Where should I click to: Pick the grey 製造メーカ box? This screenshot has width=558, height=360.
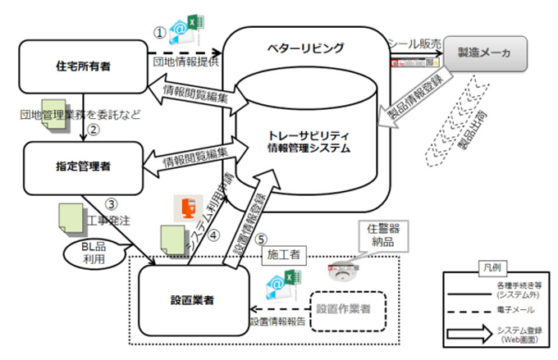[x=487, y=53]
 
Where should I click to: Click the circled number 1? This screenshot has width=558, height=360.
[x=161, y=33]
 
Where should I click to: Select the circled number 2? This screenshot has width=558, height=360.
[x=94, y=129]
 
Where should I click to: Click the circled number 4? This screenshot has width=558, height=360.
[x=215, y=235]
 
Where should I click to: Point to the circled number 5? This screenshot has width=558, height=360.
[x=262, y=240]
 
